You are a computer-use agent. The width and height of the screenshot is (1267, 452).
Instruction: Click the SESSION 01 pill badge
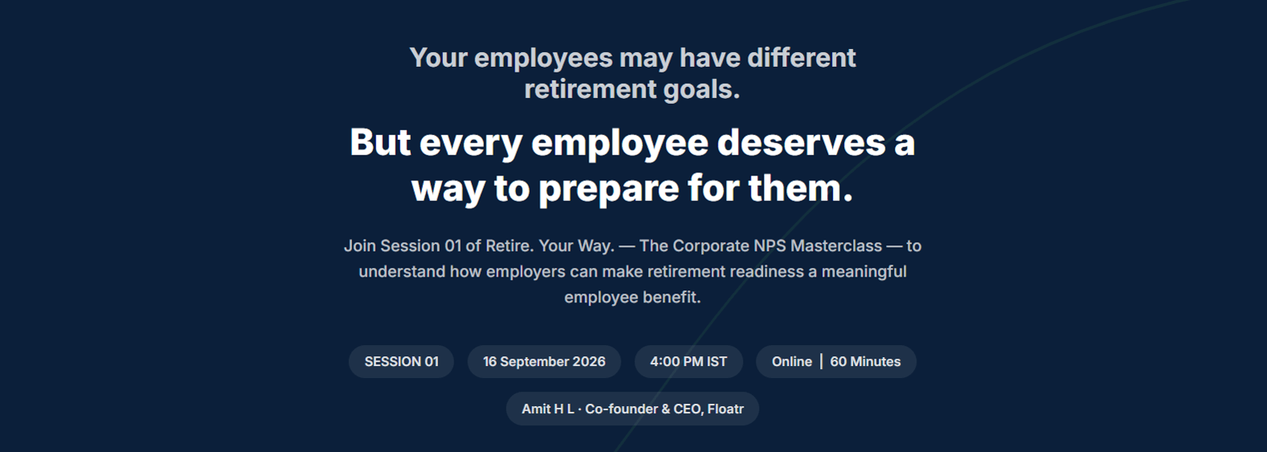pos(401,361)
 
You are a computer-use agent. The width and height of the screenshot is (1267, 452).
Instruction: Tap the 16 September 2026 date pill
pos(544,361)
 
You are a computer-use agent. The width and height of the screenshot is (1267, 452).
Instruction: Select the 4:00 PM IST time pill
pos(688,361)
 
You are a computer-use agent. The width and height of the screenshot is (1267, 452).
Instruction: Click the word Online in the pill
pos(792,361)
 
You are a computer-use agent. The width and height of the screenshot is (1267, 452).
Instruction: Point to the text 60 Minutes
pos(865,361)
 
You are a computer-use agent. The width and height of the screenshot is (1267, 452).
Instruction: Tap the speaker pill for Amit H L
pos(633,409)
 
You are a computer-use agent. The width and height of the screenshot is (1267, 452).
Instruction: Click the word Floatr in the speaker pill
pos(726,409)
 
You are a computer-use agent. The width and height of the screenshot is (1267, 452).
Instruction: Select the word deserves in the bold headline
pos(802,142)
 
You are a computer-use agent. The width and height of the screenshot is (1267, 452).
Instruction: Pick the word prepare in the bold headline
pos(609,189)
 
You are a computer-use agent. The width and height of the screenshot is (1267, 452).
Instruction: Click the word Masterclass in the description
pos(836,246)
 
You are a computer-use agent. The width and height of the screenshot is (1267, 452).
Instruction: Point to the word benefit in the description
pos(670,297)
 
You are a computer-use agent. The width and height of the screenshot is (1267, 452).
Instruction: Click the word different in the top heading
pos(802,58)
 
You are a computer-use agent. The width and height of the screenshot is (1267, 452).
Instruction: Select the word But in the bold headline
pos(380,142)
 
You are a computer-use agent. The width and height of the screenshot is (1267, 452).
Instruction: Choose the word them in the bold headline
pos(801,188)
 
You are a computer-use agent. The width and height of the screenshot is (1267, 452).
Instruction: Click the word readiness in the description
pos(766,272)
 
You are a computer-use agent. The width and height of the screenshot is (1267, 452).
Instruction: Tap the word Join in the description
pos(359,246)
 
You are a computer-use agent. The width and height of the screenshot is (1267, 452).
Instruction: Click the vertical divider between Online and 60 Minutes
pos(822,361)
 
